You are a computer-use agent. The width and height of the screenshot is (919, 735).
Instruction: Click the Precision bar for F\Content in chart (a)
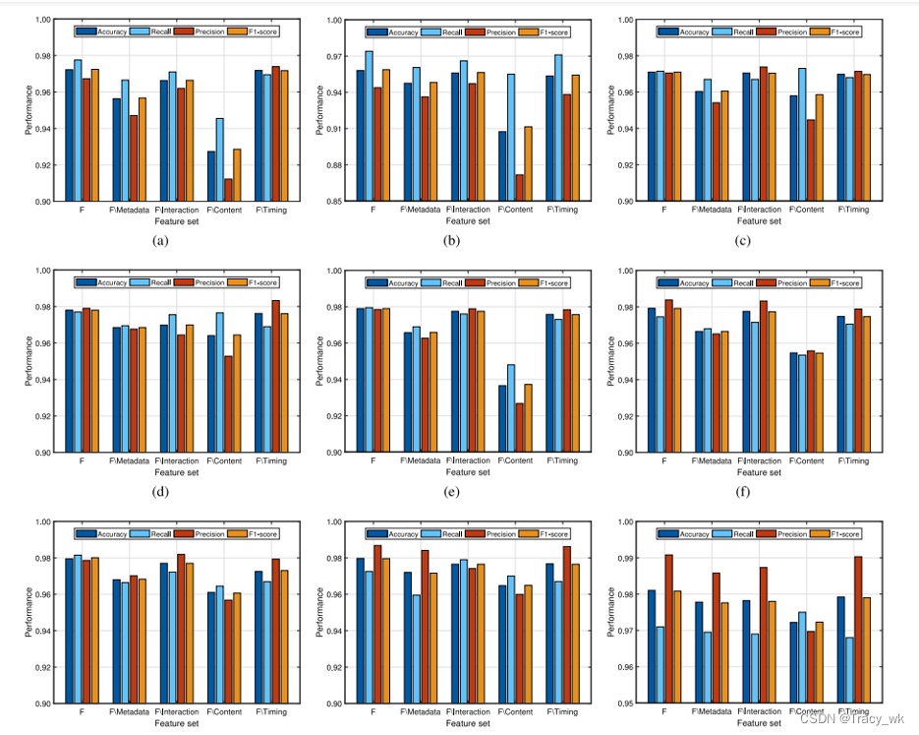tap(229, 190)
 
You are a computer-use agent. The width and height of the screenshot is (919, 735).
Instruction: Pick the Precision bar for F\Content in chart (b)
tap(520, 188)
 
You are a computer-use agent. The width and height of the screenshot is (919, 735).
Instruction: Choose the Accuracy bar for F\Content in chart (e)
tap(502, 418)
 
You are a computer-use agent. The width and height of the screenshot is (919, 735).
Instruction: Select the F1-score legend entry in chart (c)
tap(831, 31)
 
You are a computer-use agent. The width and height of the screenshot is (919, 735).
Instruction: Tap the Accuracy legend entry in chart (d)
tap(101, 282)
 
